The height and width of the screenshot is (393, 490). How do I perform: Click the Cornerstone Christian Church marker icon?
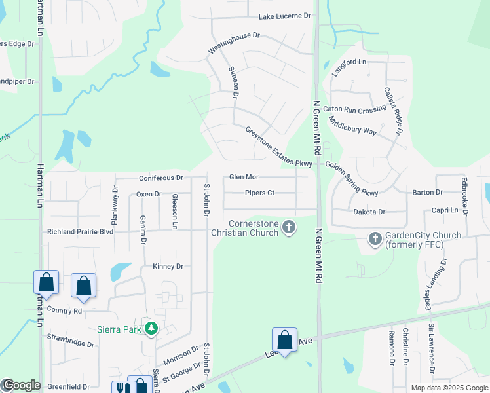click(x=289, y=227)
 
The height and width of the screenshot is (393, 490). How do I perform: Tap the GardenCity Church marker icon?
click(x=375, y=239)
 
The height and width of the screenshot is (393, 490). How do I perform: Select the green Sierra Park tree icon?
click(x=151, y=328)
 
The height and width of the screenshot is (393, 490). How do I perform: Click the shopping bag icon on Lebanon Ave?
click(x=284, y=340)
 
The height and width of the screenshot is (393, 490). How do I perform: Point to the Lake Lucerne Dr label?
click(x=284, y=16)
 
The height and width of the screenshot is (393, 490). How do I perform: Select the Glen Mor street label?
click(x=244, y=178)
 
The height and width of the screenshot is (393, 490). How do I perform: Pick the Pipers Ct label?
click(x=259, y=193)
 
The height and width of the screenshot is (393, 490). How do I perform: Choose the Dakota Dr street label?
click(x=369, y=212)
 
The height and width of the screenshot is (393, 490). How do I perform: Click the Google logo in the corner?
click(x=21, y=385)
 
